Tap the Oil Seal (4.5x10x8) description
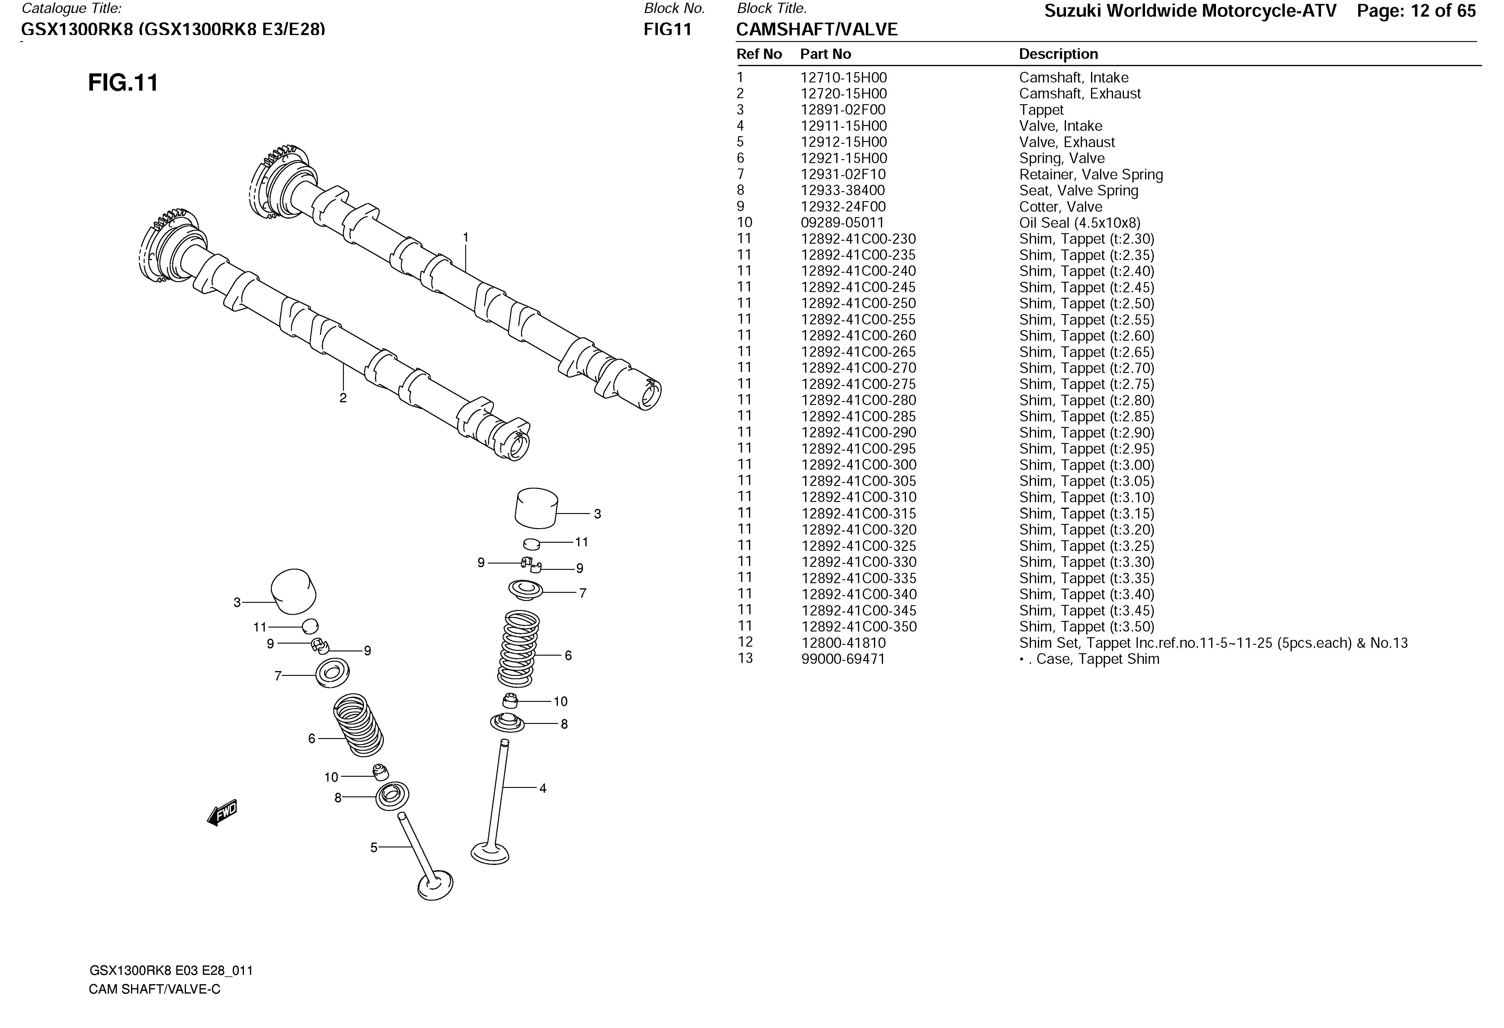1080,223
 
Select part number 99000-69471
843,659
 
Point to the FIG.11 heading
123,83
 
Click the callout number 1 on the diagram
465,238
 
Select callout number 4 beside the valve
543,789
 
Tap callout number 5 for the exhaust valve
373,847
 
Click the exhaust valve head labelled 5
435,885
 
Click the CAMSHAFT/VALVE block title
817,30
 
